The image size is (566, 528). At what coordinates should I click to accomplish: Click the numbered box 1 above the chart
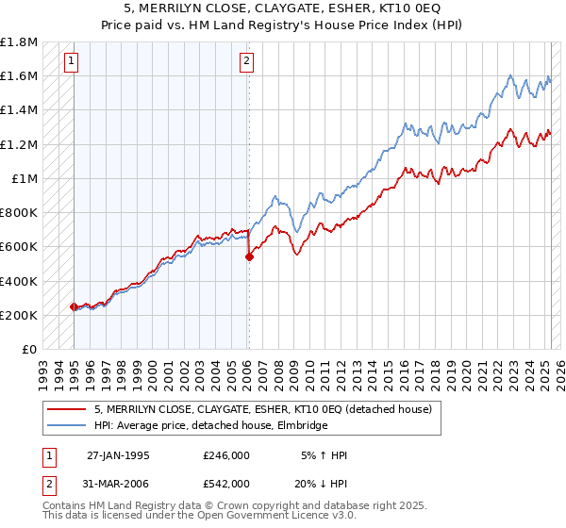(x=73, y=62)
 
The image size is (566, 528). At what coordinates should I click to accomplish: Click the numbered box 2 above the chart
(x=246, y=62)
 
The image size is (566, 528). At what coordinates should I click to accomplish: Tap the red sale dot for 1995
(x=74, y=306)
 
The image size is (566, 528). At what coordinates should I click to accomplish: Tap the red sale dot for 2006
(x=249, y=256)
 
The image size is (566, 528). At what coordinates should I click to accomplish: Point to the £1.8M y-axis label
(x=19, y=42)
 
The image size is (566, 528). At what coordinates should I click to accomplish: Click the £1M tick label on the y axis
(x=25, y=178)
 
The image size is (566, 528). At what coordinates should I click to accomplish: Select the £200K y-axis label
(x=19, y=315)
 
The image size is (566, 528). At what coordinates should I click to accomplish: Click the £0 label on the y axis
(x=30, y=349)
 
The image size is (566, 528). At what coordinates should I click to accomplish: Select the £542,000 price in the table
(x=226, y=483)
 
